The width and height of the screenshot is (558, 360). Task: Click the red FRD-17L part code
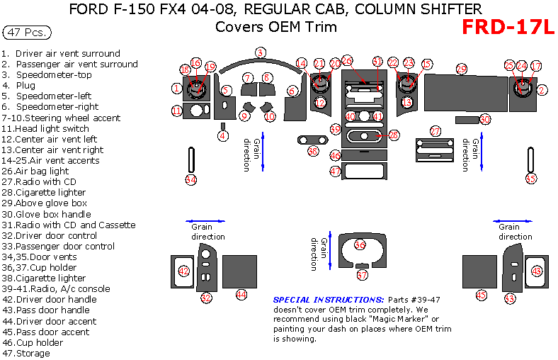coord(508,27)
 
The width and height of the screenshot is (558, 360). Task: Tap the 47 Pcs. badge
coord(28,33)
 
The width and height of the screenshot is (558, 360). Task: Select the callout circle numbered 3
coord(261,52)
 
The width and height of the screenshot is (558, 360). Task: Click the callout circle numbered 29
coord(461,69)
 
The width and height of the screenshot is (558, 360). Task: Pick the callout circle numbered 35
coord(531,179)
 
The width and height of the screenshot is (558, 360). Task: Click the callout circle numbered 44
coord(241,294)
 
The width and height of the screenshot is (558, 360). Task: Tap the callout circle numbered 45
coord(482,295)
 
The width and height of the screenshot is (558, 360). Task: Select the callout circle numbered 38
coord(313,150)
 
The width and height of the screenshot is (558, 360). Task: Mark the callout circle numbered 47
coord(336,171)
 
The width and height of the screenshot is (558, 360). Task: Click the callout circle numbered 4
coord(223,135)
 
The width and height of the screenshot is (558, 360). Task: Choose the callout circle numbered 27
coord(435,131)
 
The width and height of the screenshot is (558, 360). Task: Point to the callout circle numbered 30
coord(485,119)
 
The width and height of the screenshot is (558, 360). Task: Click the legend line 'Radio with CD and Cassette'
coord(68,225)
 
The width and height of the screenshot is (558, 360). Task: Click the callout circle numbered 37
coord(362,274)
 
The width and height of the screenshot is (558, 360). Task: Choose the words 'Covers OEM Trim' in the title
coord(276,28)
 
